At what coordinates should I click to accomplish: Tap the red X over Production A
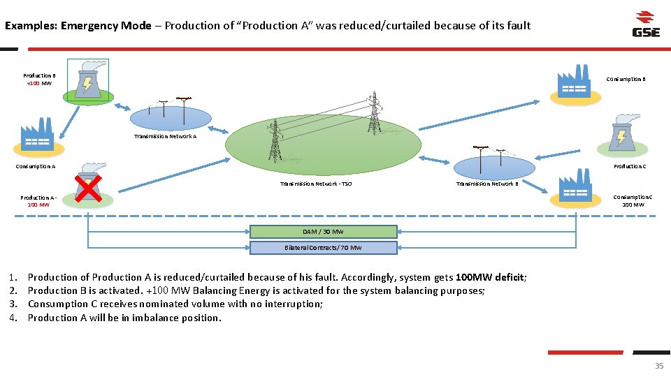tap(89, 188)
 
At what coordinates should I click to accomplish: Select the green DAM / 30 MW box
tap(323, 232)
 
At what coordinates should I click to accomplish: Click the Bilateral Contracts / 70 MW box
tap(323, 248)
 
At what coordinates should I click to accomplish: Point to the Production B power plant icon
tap(87, 78)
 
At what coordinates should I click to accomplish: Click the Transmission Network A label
tap(165, 137)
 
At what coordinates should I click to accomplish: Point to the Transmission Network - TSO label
tap(316, 184)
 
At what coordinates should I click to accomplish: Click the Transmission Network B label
tap(487, 184)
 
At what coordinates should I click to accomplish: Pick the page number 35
tap(658, 366)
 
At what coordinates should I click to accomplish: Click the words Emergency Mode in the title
tap(106, 26)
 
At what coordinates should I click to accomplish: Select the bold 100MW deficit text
tap(489, 277)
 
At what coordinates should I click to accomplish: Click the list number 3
tap(14, 304)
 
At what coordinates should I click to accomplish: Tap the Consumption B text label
tap(625, 79)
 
